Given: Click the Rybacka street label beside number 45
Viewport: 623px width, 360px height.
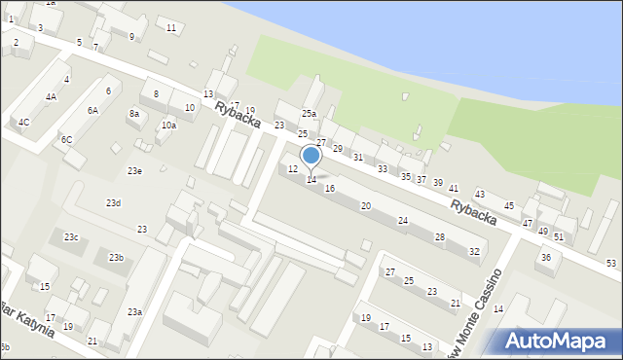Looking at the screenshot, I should (474, 213).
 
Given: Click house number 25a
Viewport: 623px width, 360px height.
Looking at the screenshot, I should (309, 115).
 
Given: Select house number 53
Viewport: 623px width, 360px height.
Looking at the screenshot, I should (611, 264).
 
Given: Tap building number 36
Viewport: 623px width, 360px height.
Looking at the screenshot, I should (546, 258).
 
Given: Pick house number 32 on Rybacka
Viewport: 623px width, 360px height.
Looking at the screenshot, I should (474, 252).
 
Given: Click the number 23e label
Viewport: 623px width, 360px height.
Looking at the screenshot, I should (134, 171).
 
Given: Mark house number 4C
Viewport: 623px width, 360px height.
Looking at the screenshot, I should (24, 122).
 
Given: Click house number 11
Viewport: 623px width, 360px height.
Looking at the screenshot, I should (171, 27).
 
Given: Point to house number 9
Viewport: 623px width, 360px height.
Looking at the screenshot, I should (131, 37).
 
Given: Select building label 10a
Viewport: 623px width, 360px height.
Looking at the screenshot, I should (168, 126).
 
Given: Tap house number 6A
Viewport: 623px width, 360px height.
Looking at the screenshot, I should (92, 111).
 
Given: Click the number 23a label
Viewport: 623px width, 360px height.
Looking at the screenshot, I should (134, 311).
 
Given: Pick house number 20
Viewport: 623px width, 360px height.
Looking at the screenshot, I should (365, 206).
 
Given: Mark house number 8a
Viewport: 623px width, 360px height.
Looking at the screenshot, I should (134, 114).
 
